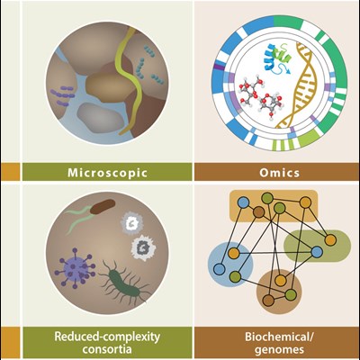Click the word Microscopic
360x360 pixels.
pos(107,173)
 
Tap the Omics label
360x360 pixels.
pos(280,173)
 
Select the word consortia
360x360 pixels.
pos(107,349)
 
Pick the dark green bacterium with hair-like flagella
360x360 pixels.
pos(123,282)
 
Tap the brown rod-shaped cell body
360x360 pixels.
pos(103,207)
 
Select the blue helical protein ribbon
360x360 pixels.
pos(270,57)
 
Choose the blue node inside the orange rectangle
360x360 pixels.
pos(242,202)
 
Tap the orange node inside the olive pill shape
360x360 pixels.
pos(330,240)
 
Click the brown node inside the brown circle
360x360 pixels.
pos(268,300)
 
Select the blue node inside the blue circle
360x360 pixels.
pos(220,269)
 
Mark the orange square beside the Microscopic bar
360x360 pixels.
pos(10,172)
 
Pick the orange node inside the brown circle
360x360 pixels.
pos(281,281)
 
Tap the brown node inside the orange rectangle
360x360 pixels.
pos(258,212)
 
